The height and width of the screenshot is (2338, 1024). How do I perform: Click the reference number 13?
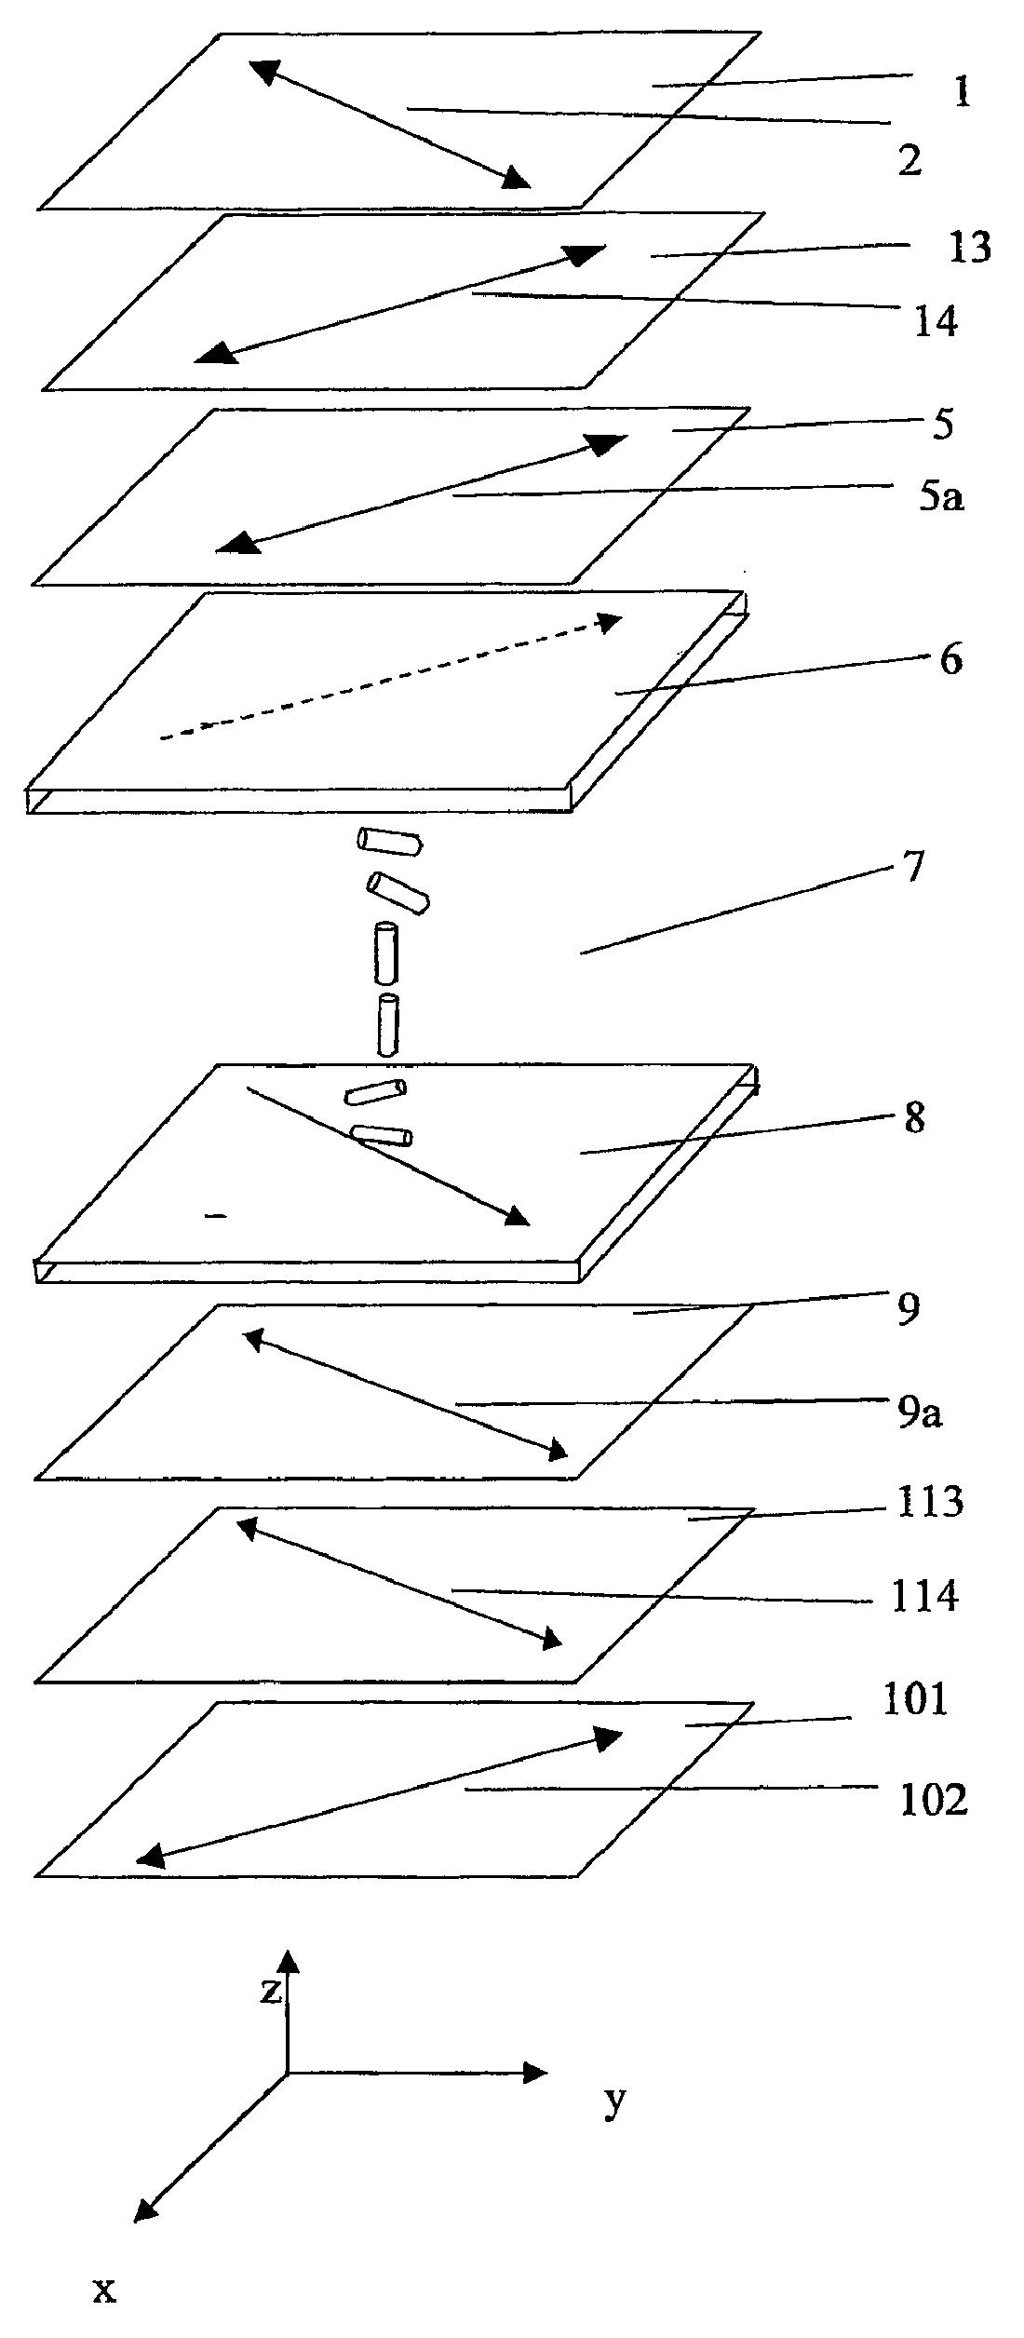[x=969, y=248]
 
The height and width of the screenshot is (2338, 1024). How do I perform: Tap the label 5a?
[x=942, y=498]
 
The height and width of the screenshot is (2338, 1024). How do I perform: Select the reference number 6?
[x=950, y=659]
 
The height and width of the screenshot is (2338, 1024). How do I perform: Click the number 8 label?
[x=914, y=1118]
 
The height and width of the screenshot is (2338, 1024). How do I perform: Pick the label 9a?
[x=920, y=1413]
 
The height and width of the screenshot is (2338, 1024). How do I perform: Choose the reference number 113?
[x=927, y=1502]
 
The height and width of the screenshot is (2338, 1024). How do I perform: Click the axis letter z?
[x=271, y=1992]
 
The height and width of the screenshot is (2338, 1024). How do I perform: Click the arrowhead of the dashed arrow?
[x=610, y=621]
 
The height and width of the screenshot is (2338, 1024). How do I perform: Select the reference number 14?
[x=936, y=322]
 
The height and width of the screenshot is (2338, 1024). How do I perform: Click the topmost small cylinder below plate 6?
[x=390, y=841]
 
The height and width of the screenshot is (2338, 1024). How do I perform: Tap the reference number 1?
[x=962, y=92]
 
